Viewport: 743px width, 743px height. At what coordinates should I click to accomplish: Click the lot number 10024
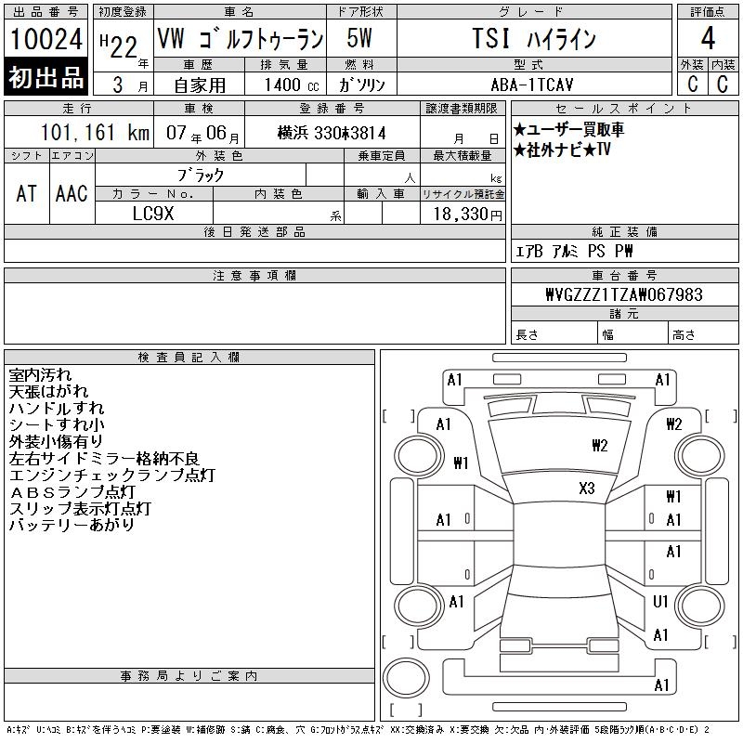click(x=46, y=39)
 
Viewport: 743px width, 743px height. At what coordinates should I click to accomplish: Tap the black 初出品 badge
click(x=46, y=77)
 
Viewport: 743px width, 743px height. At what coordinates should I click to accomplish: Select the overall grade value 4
click(x=708, y=38)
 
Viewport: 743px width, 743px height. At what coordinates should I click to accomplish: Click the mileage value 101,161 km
click(x=95, y=133)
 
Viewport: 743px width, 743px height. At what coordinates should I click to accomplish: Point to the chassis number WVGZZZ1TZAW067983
click(x=624, y=294)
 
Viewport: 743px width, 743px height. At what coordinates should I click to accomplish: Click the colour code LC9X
click(x=153, y=214)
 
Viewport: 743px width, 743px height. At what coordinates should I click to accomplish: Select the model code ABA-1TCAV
click(x=532, y=85)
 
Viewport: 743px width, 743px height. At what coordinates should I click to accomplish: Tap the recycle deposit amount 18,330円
click(x=468, y=215)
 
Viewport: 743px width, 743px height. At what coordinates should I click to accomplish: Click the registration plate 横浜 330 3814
click(x=332, y=133)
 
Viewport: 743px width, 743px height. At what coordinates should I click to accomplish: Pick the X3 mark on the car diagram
click(x=587, y=489)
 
